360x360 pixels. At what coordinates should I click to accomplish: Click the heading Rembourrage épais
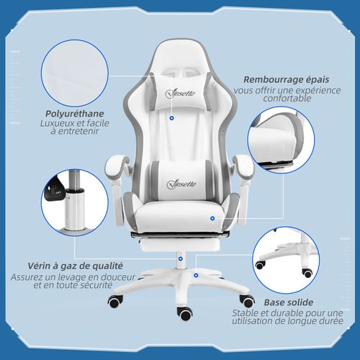click(282, 81)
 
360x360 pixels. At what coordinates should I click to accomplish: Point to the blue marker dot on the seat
click(213, 216)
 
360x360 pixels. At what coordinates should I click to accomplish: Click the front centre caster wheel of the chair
click(185, 313)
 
